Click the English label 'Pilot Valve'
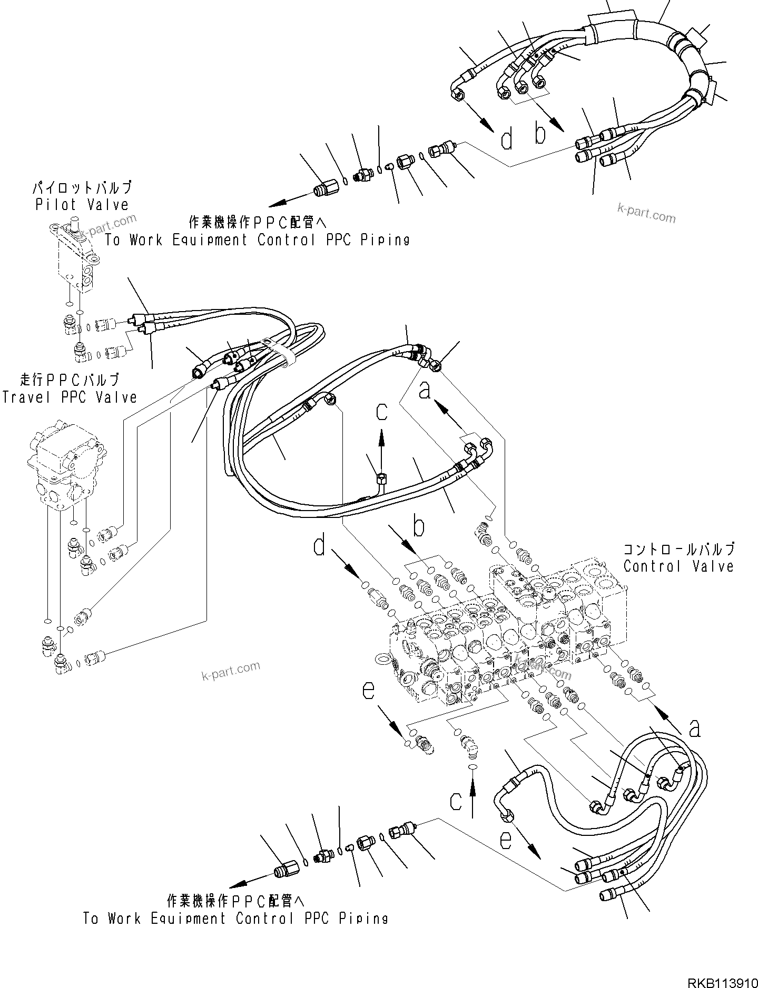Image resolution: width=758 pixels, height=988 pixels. tap(82, 205)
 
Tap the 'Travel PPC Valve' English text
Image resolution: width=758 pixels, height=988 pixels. tap(69, 397)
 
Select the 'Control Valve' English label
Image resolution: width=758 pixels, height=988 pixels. tap(678, 566)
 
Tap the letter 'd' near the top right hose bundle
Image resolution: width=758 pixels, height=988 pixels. tap(506, 139)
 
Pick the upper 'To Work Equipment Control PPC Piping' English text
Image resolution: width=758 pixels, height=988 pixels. tap(257, 240)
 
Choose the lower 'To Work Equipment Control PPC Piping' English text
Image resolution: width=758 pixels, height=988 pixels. tap(235, 919)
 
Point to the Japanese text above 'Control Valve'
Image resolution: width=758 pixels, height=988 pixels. tap(679, 549)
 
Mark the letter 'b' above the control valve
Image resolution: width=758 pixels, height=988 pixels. tap(418, 526)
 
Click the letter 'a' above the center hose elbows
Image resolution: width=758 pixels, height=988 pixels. tap(425, 391)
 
